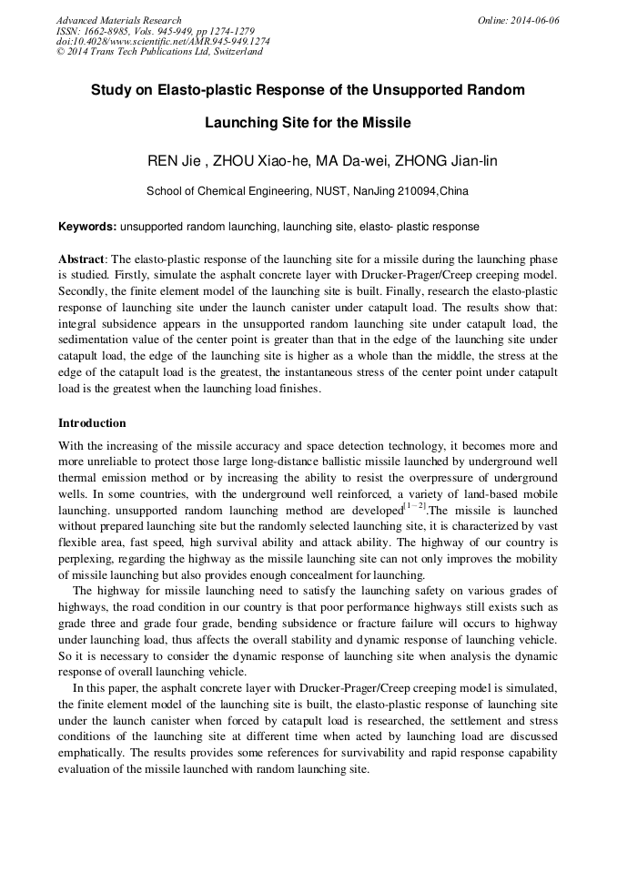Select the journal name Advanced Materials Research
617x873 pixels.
118,20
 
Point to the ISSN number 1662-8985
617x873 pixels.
116,31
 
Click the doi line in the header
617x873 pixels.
162,41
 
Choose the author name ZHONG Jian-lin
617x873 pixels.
440,162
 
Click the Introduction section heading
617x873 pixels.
92,423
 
